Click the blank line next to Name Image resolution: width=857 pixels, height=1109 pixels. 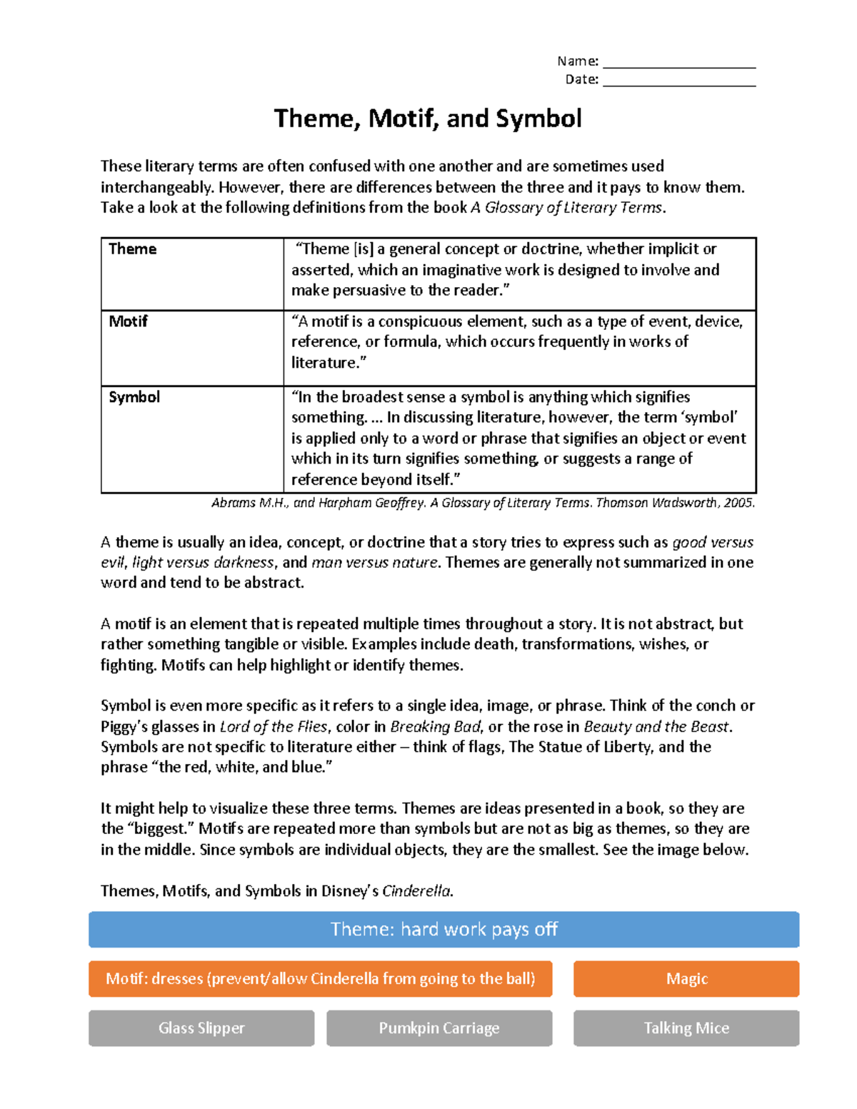[678, 63]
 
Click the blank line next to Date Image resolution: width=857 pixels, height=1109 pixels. [678, 81]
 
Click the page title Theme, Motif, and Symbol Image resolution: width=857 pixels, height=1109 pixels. [428, 119]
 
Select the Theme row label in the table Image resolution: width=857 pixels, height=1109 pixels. [133, 249]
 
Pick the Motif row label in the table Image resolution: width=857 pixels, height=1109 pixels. [128, 321]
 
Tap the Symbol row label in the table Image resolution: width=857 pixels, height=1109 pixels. [134, 397]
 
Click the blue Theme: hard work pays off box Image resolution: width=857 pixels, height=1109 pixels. [443, 929]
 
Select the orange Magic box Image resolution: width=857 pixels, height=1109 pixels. [686, 978]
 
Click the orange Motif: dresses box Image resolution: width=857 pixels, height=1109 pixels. [320, 978]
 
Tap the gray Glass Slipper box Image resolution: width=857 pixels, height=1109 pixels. [201, 1028]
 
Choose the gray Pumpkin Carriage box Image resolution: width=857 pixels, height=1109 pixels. [439, 1028]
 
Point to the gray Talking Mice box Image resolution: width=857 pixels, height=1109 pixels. [686, 1028]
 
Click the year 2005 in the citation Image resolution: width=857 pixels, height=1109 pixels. [738, 503]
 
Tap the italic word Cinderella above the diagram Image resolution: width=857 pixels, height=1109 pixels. [416, 891]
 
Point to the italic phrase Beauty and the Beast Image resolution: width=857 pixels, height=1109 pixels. [656, 727]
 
